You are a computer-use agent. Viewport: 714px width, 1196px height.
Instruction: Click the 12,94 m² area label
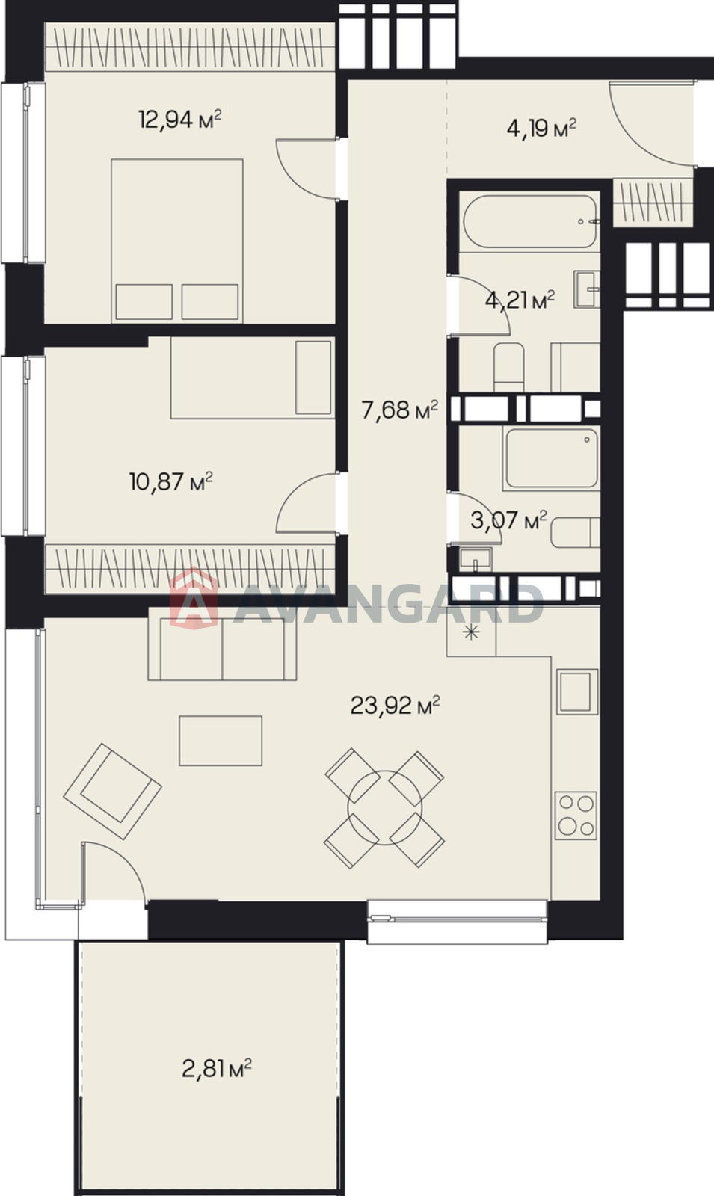coord(180,119)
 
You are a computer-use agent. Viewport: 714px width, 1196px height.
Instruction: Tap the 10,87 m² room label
coord(171,481)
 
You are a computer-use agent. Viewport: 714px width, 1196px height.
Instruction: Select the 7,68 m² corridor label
coord(400,410)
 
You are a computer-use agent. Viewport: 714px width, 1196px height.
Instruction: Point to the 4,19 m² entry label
coord(541,128)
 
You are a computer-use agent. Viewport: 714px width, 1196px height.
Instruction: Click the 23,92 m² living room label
coord(396,706)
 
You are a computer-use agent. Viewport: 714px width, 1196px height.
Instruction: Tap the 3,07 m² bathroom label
coord(508,520)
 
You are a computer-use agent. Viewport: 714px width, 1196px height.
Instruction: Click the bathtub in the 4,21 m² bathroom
coord(530,221)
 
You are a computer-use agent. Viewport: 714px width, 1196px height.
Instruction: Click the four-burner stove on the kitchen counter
coord(576,816)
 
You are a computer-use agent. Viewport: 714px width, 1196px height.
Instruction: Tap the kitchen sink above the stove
coord(576,691)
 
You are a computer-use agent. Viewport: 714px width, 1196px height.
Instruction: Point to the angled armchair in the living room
coord(112,792)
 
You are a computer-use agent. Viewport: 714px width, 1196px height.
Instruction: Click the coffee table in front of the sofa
coord(221,741)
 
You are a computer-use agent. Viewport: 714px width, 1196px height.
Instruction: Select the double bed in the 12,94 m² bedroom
coord(177,241)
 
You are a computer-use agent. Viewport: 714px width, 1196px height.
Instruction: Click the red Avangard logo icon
coord(194,599)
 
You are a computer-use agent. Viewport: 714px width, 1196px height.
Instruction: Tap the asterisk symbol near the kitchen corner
coord(471,633)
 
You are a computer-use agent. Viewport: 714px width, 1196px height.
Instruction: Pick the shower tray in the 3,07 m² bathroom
coord(551,459)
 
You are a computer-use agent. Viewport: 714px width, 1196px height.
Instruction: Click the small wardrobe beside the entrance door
coord(653,203)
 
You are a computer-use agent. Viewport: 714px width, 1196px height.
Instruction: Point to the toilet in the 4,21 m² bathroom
coord(508,367)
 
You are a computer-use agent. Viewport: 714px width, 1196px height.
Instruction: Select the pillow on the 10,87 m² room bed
coord(313,377)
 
